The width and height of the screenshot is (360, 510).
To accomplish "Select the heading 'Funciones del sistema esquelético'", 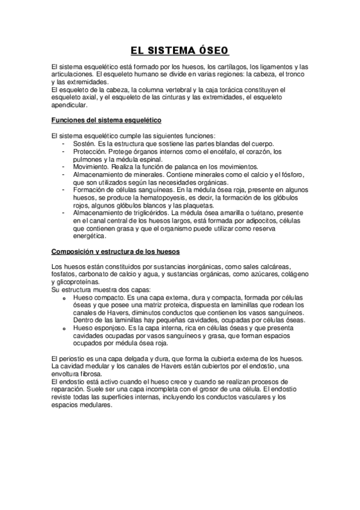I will (x=105, y=120).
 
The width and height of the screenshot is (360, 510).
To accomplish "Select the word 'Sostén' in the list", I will (x=83, y=143).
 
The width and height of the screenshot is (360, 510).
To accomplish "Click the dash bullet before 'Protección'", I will (x=64, y=152).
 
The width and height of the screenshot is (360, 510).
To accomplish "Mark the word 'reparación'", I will (x=70, y=389).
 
